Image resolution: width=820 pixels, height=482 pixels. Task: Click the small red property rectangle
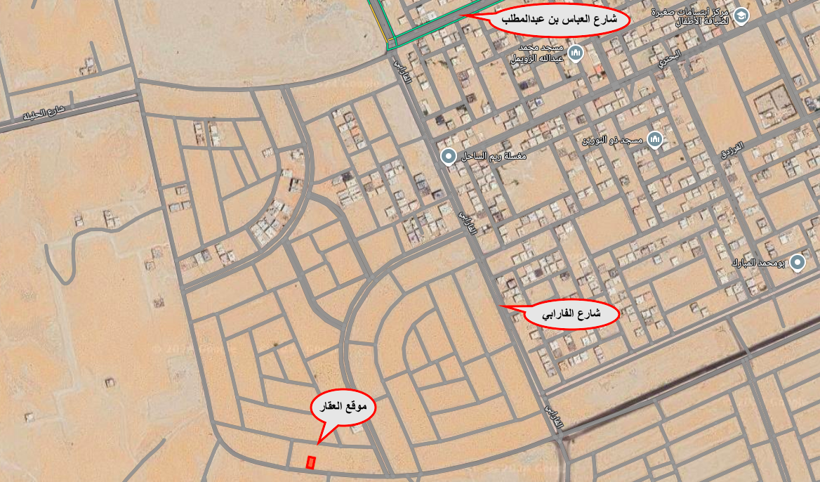click(311, 462)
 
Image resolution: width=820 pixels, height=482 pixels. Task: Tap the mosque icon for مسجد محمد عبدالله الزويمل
click(576, 53)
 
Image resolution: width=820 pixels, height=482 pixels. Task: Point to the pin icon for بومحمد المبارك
click(797, 263)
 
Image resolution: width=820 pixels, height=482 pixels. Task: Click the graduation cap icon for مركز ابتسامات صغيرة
click(741, 15)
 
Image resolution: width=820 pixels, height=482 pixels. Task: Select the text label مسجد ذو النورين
click(611, 141)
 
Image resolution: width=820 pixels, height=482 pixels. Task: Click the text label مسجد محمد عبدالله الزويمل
click(540, 53)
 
